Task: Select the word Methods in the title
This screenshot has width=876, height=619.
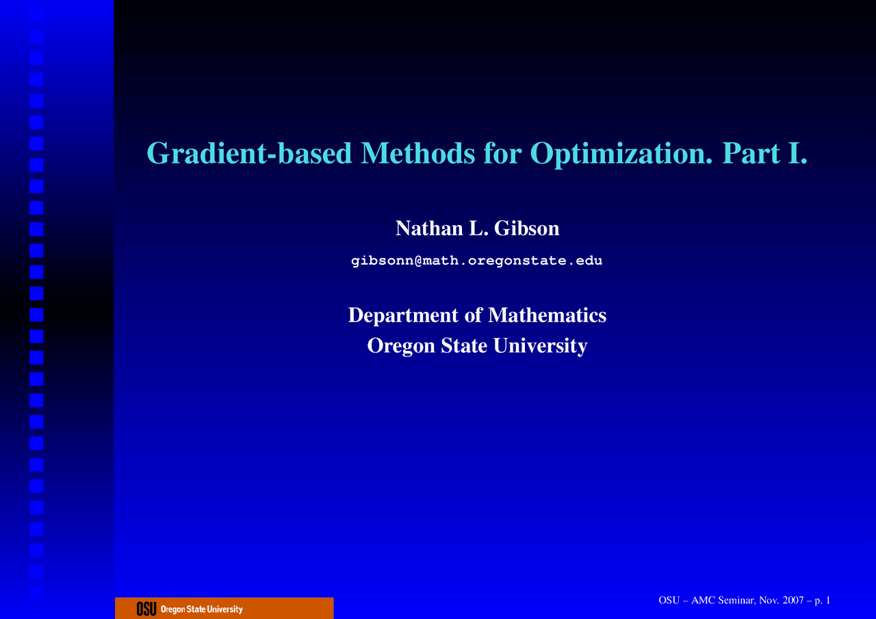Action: pos(417,153)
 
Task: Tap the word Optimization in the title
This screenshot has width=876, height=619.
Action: pos(621,154)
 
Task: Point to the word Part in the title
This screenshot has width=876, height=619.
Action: pos(751,153)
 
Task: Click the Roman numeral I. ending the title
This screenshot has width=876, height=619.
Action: pos(798,153)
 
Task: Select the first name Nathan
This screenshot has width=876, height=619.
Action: pos(429,228)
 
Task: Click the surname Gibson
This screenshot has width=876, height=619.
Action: pos(527,228)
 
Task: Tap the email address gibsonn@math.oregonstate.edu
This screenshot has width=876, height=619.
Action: pos(477,261)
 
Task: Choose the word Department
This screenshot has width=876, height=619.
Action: pos(403,316)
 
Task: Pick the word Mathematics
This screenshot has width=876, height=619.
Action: pos(547,315)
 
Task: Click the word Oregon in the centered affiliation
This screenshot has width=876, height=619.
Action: pos(401,346)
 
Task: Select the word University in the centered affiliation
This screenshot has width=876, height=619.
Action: pos(541,346)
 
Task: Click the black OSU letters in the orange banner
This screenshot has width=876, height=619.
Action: pos(146,609)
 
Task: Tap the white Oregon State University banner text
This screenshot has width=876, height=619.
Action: pos(202,609)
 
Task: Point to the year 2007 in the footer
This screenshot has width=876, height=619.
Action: pos(793,601)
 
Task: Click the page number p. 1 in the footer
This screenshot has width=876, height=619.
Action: pos(823,601)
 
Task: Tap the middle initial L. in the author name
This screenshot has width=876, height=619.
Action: pos(478,228)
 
